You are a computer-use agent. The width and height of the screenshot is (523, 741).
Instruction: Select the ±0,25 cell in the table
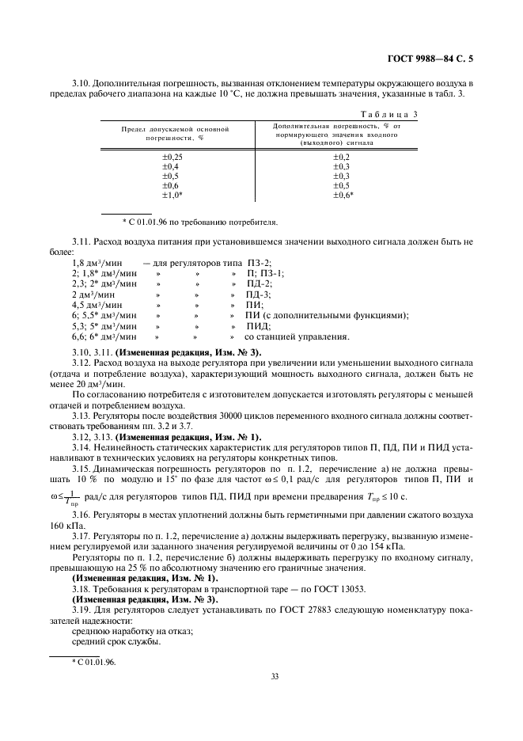(172, 157)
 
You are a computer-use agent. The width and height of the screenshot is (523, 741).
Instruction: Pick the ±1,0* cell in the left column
(172, 195)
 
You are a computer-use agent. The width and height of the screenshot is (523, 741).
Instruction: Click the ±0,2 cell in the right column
(341, 157)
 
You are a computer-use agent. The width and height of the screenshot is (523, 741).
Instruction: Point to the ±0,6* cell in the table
(343, 195)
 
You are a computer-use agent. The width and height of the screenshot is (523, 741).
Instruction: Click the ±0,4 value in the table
(170, 166)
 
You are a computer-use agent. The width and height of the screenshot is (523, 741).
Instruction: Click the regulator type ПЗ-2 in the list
(260, 262)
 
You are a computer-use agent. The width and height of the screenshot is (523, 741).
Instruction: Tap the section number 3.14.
(81, 449)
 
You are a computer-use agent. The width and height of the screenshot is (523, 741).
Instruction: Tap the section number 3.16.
(81, 514)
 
